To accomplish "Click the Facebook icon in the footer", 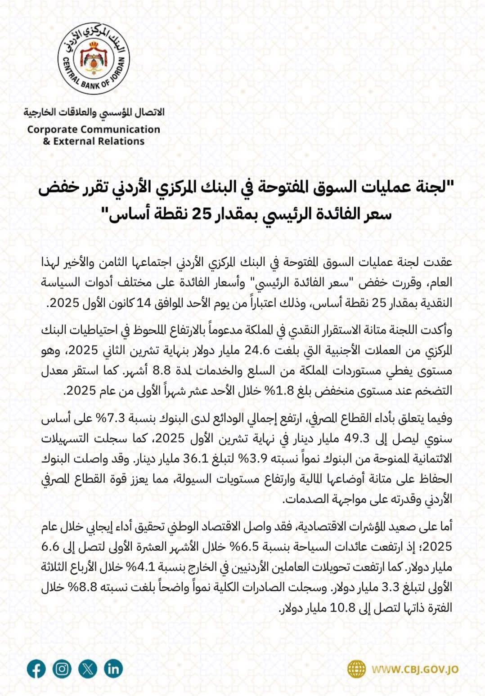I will coord(36,669).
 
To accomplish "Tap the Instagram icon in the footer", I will coord(62,669).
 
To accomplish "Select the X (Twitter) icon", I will coord(87,669).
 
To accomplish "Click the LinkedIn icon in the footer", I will coord(113,669).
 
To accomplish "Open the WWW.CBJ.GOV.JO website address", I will coord(415,669).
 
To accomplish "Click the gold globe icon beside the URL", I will coord(357,669).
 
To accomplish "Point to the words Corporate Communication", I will coord(94,129).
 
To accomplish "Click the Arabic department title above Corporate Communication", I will coord(94,112).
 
